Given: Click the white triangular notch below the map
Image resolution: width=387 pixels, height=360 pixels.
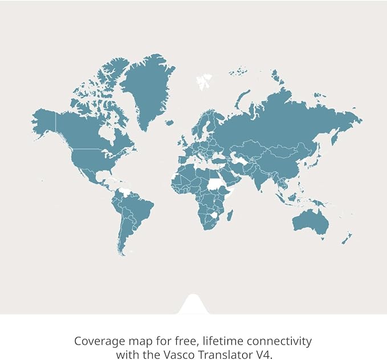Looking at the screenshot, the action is pos(193,306).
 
